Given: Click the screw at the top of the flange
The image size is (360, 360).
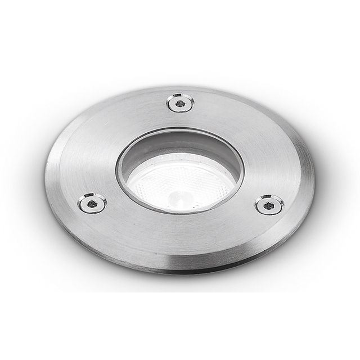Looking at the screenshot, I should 180,103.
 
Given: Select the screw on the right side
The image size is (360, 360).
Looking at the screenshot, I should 269,205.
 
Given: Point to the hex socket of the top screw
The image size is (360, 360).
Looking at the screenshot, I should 180,103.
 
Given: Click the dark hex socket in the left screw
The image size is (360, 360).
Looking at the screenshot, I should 92,202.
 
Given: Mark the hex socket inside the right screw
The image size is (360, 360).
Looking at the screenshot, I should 269,205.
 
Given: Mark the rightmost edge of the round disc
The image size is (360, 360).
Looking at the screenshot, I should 313,180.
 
